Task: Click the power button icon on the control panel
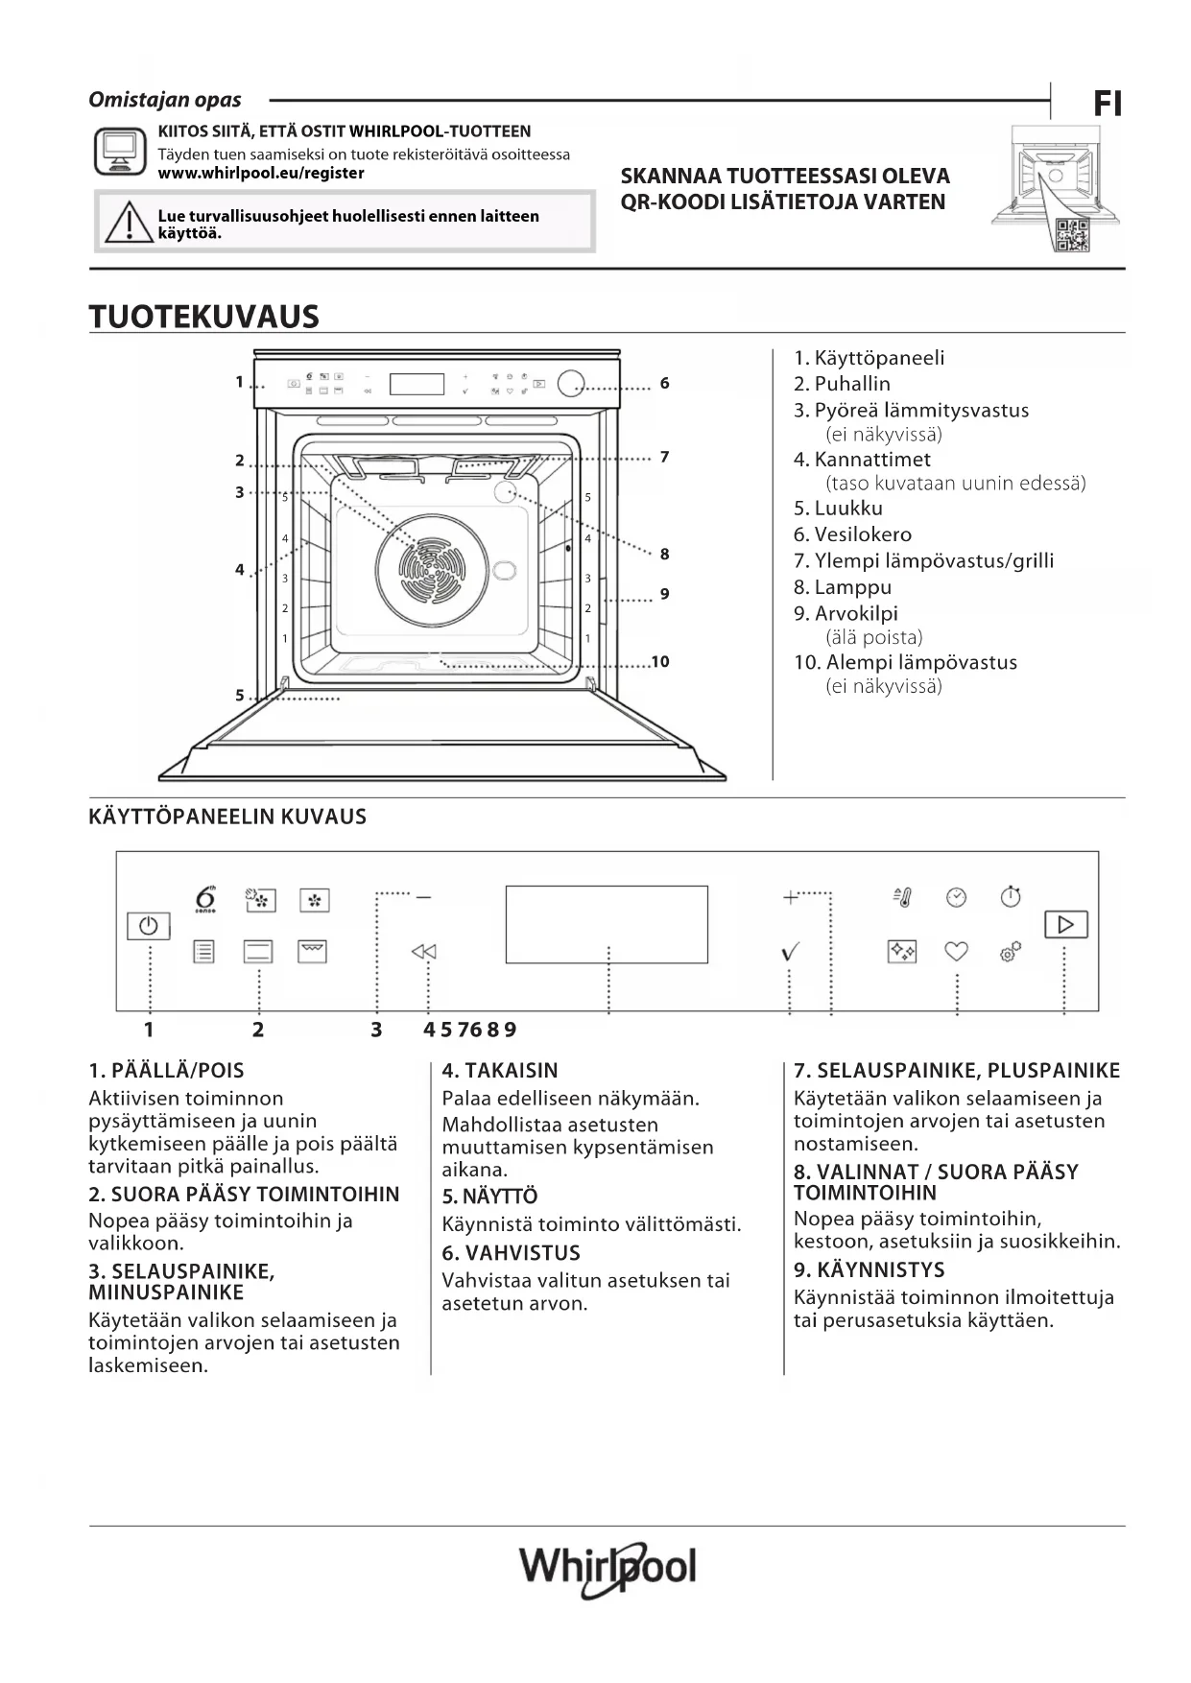pos(148,926)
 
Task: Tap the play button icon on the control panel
pos(1065,924)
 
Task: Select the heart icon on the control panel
pos(956,951)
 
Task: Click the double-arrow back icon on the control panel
pos(423,952)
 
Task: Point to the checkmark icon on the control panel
pos(791,952)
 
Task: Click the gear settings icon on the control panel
pos(1010,952)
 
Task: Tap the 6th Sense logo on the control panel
pos(205,899)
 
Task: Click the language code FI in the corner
pos(1108,104)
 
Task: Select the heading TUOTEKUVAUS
pos(203,317)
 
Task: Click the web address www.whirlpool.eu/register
pos(260,174)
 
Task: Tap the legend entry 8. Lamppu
pos(842,587)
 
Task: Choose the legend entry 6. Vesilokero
pos(852,534)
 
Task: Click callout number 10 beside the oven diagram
pos(659,662)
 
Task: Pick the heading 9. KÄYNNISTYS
pos(869,1269)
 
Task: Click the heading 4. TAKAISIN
pos(499,1071)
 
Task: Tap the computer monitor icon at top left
pos(119,152)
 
